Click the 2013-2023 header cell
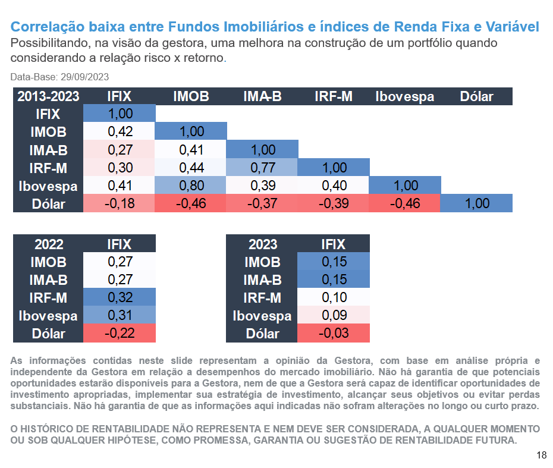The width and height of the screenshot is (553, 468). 48,96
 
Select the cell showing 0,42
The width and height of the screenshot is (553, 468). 120,132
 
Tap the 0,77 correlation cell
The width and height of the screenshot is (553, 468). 262,168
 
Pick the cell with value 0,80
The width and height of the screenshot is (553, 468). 191,186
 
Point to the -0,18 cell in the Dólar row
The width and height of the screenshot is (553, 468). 120,203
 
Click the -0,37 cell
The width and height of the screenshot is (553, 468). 262,203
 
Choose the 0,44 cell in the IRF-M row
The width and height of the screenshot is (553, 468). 191,168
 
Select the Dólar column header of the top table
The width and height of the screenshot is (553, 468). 476,96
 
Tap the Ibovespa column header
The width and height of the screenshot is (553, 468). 405,96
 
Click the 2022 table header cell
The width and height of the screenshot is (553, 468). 49,244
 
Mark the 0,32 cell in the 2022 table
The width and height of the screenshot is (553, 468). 120,297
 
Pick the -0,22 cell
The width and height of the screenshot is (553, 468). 120,334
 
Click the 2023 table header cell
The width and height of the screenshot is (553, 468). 263,244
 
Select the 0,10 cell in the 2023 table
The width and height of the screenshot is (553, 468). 334,297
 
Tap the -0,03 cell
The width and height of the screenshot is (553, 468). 334,334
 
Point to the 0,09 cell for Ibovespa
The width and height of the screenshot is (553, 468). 334,315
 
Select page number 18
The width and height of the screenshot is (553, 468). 541,456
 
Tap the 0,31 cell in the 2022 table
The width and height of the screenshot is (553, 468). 120,315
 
